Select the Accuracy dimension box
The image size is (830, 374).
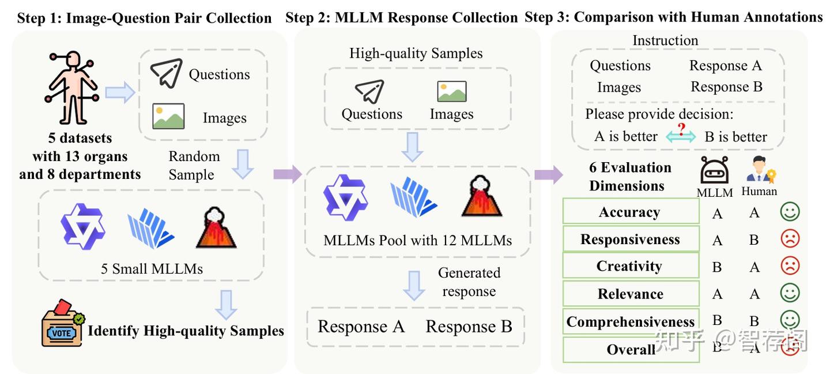[x=631, y=211]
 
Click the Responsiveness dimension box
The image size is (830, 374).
[x=631, y=239]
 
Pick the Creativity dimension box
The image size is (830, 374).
[x=631, y=265]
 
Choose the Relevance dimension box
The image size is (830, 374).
[x=631, y=293]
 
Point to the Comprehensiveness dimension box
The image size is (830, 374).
[x=631, y=321]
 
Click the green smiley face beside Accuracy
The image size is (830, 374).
[x=790, y=211]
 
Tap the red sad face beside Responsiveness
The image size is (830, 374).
[x=790, y=238]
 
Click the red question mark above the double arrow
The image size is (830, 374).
[x=681, y=129]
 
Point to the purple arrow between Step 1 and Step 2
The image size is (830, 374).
[x=288, y=174]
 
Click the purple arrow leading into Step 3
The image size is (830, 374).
[x=549, y=174]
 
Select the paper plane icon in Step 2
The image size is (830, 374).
[x=369, y=91]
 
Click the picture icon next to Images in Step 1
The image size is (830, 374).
[x=168, y=116]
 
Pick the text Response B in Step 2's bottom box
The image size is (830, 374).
[x=469, y=327]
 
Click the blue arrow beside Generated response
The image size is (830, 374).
[x=414, y=285]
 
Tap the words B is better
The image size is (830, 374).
[x=735, y=137]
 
